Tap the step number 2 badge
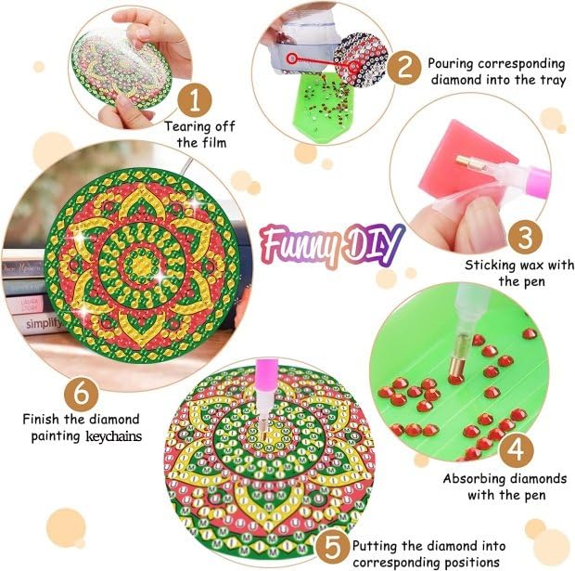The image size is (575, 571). point(403,67)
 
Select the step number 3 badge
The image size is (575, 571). point(524,235)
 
